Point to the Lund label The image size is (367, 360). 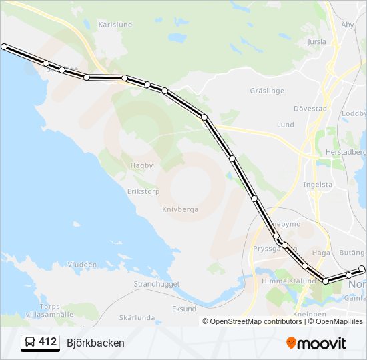pyautogui.click(x=285, y=125)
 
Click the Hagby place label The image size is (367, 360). pyautogui.click(x=141, y=165)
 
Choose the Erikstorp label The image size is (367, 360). pyautogui.click(x=143, y=191)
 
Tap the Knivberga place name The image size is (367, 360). pyautogui.click(x=180, y=209)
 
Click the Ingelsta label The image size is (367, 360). pyautogui.click(x=317, y=185)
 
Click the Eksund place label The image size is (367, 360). pyautogui.click(x=184, y=309)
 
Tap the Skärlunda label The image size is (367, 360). pyautogui.click(x=136, y=318)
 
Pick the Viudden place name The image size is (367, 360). pyautogui.click(x=82, y=265)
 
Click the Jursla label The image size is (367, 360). pyautogui.click(x=316, y=41)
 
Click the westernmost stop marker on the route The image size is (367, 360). pyautogui.click(x=4, y=47)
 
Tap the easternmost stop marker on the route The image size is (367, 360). pyautogui.click(x=362, y=269)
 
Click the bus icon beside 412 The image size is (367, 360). pyautogui.click(x=31, y=343)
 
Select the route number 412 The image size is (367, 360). pyautogui.click(x=48, y=342)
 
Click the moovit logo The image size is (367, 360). pyautogui.click(x=316, y=343)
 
